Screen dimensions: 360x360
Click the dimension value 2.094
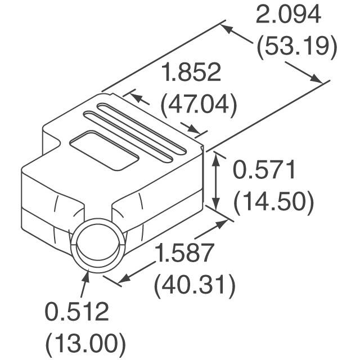289,15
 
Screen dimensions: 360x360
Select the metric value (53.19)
296,47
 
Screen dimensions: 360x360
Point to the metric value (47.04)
198,105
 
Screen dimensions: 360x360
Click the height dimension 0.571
264,170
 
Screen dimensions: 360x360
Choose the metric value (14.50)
273,202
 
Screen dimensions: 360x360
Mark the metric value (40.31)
194,286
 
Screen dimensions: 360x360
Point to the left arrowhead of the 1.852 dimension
134,97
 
